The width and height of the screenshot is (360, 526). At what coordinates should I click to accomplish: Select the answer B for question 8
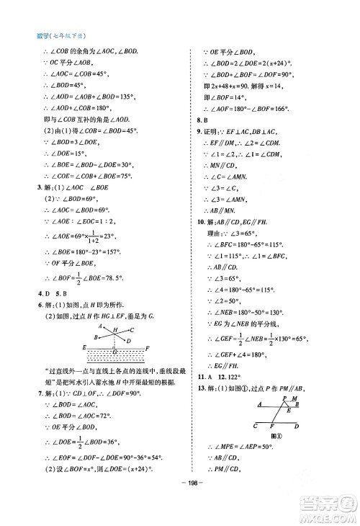pos(206,120)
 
